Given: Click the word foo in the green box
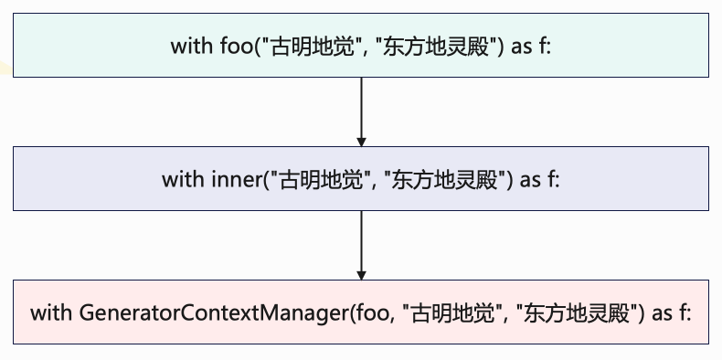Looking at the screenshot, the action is [x=235, y=46].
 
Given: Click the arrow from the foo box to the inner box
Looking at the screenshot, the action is [x=362, y=111].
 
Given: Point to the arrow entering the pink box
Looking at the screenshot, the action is [x=362, y=246].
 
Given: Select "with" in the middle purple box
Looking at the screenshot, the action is [x=183, y=179].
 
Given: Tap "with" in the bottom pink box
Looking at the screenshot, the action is [x=51, y=313].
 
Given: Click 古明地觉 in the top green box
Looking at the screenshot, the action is [x=313, y=47].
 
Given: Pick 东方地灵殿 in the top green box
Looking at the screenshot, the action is [x=435, y=47].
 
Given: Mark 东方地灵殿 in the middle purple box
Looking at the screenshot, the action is [x=444, y=179].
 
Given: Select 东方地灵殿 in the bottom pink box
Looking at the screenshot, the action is [x=576, y=313].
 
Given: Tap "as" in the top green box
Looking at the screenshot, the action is [x=522, y=47].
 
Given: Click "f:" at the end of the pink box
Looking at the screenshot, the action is [x=685, y=313].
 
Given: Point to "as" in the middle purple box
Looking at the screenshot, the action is [x=530, y=180].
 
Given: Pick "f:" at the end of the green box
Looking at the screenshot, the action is [x=544, y=46].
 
